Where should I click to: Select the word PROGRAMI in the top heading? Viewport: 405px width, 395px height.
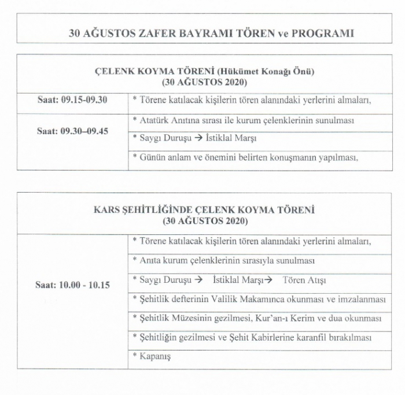tap(322, 33)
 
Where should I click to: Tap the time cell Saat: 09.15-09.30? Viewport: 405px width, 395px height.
tap(72, 99)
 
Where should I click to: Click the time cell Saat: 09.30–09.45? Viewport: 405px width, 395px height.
tap(72, 131)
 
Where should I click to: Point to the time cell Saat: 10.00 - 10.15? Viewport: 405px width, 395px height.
tap(73, 285)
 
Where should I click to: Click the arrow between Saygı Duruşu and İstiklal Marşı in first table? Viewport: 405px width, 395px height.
tap(197, 138)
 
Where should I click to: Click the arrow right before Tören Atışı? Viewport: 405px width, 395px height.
tap(268, 280)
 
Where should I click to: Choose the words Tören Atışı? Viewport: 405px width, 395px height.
tap(304, 280)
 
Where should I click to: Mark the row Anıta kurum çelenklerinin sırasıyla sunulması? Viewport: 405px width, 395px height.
tap(227, 260)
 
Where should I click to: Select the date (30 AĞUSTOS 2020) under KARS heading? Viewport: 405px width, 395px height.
tap(205, 221)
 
